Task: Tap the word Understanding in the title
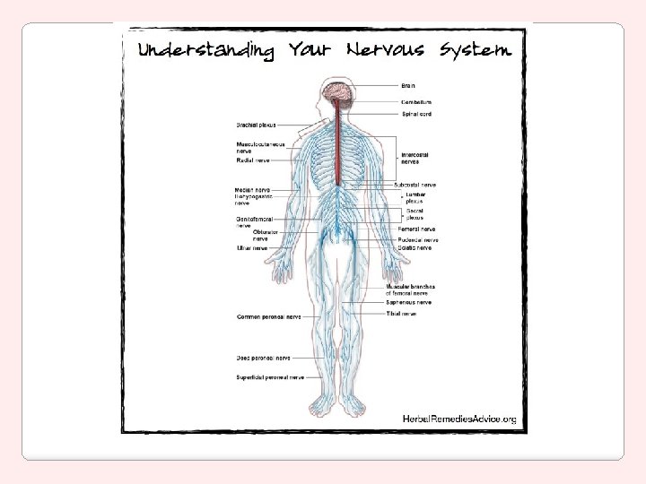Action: point(205,51)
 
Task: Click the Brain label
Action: point(408,86)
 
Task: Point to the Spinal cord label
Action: point(417,115)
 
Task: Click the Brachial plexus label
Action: point(257,125)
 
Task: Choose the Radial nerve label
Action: point(252,160)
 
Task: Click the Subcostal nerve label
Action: point(416,185)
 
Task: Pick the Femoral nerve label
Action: point(415,229)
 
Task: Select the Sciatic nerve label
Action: point(415,248)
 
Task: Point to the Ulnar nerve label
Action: point(251,248)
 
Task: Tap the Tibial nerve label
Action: point(401,315)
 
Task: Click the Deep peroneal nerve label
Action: point(263,358)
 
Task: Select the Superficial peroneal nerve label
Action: point(270,377)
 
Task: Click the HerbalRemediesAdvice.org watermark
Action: point(458,419)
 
